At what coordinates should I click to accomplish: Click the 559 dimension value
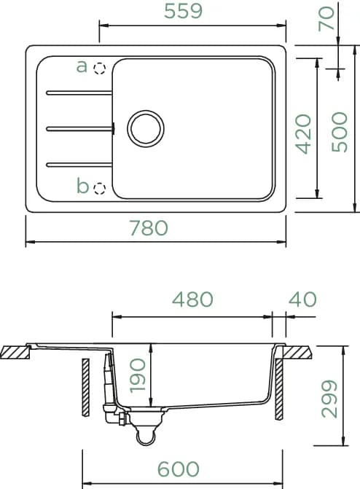pos(183,11)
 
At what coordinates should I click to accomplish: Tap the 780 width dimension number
pos(149,227)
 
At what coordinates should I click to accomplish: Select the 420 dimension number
pos(304,134)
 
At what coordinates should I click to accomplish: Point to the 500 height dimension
pos(340,132)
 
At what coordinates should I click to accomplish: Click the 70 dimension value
pos(326,19)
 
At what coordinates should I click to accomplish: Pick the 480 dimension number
pos(192,300)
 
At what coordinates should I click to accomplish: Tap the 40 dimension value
pos(302,300)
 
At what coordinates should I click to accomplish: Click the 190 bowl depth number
pos(138,375)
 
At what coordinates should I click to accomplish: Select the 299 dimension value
pos(329,399)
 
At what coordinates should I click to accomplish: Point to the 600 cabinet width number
pos(178,469)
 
